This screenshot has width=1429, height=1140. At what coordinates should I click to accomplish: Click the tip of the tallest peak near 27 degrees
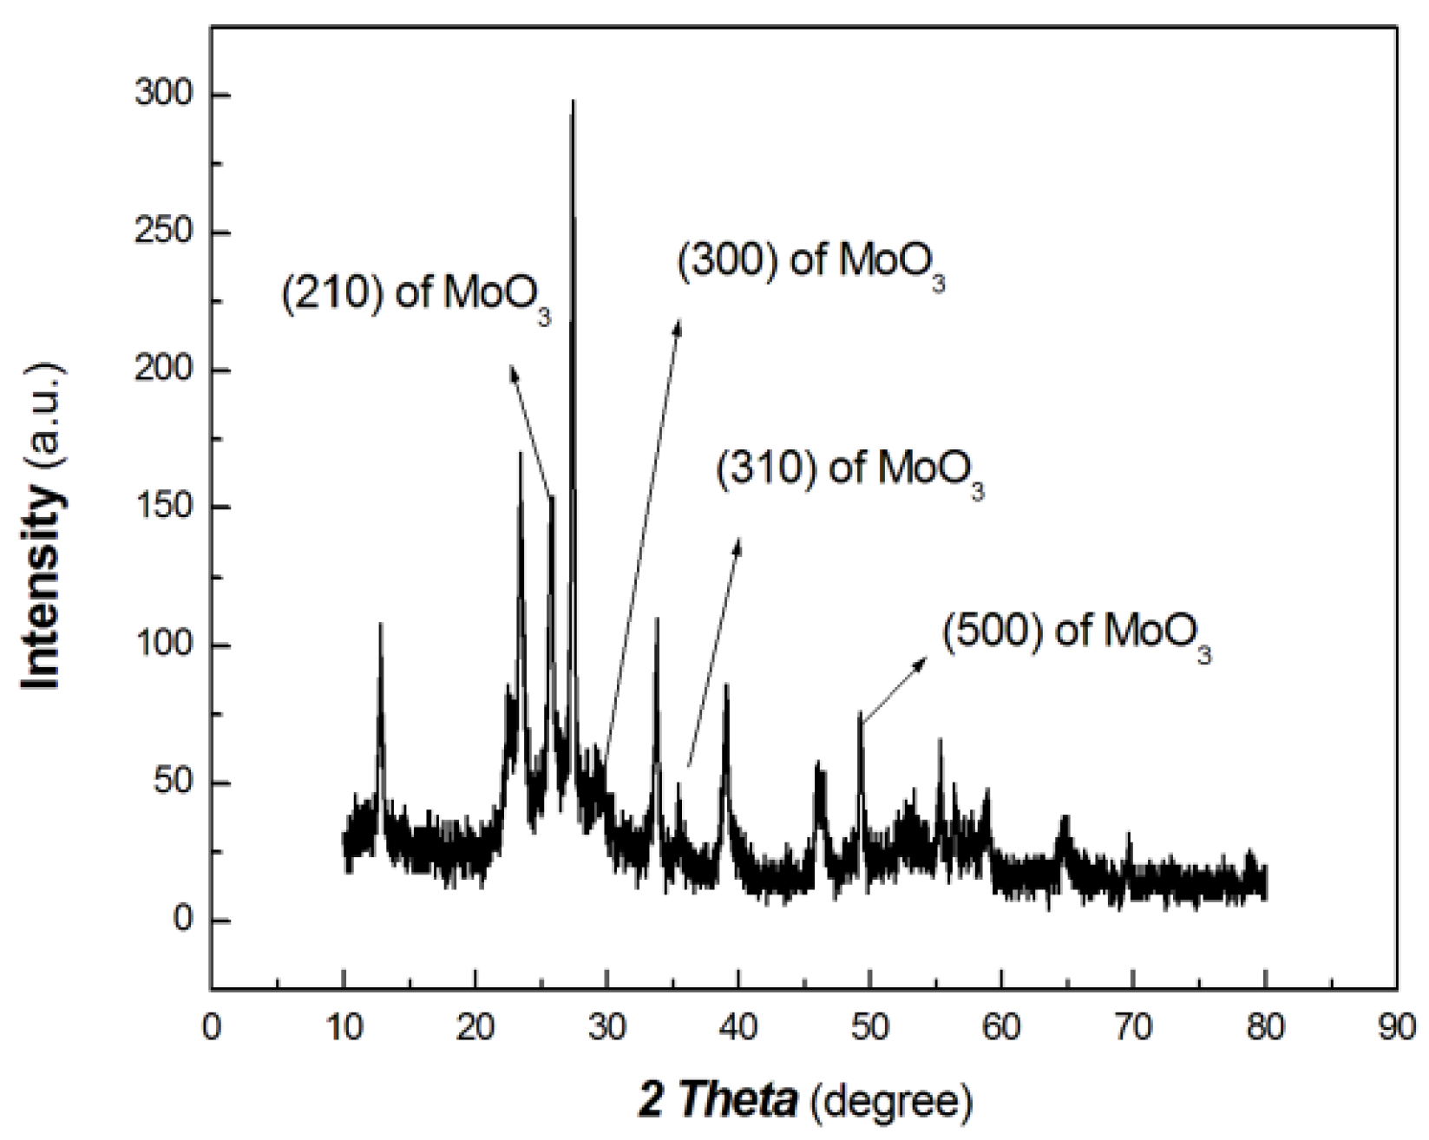point(573,102)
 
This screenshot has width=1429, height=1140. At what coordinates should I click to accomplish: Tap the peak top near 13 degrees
point(380,624)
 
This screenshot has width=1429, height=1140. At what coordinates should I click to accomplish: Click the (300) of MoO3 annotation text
point(810,261)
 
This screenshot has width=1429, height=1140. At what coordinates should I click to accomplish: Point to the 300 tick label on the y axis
point(163,94)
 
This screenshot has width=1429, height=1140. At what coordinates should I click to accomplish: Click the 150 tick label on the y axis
point(163,508)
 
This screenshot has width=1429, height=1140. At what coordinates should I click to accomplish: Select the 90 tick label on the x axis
point(1395,1029)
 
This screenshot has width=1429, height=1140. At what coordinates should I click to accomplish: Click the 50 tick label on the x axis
point(869,1029)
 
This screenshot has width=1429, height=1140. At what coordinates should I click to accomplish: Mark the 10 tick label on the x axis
point(344,1029)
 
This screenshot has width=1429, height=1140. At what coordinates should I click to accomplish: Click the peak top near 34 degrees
point(657,619)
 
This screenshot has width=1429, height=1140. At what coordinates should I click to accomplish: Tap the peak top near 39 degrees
point(726,685)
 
